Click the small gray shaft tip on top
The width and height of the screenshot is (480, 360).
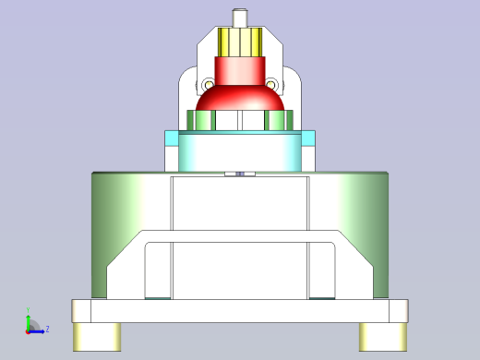pyautogui.click(x=240, y=17)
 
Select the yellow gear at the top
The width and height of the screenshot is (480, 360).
pyautogui.click(x=240, y=42)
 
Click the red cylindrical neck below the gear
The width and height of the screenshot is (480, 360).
pyautogui.click(x=240, y=68)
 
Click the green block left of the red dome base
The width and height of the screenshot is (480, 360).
pyautogui.click(x=200, y=120)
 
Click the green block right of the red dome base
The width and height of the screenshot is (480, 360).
pyautogui.click(x=278, y=120)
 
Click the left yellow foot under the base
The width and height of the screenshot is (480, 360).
pyautogui.click(x=96, y=335)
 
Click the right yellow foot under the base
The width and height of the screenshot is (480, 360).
pyautogui.click(x=383, y=335)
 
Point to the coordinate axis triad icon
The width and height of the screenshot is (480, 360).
pyautogui.click(x=32, y=324)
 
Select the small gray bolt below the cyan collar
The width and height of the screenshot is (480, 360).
pyautogui.click(x=240, y=174)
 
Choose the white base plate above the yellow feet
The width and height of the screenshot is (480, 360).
pyautogui.click(x=240, y=310)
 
